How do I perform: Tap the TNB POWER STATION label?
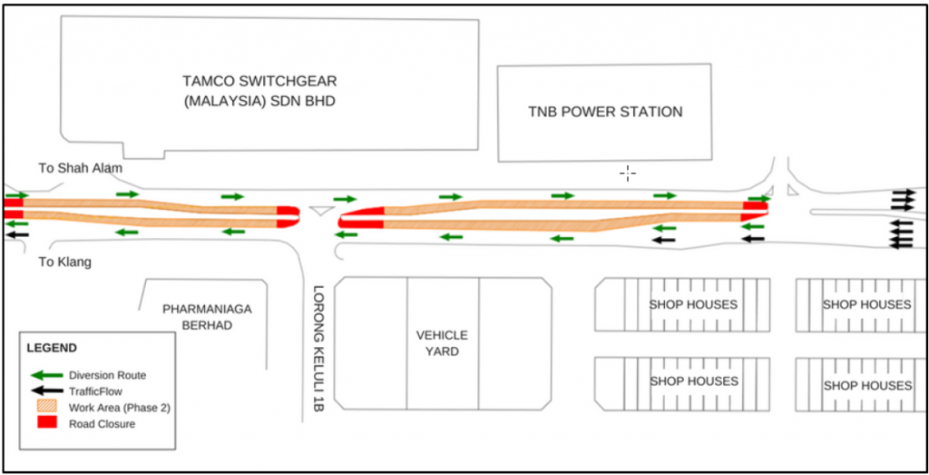605,112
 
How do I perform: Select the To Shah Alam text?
80,168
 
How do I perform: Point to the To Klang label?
64,262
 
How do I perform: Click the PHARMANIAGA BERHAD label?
207,317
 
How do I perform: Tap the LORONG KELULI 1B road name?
318,351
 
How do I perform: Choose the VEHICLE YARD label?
443,342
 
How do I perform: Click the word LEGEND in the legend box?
52,348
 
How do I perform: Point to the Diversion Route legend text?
107,375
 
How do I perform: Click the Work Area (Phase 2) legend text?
119,408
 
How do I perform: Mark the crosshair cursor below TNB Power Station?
628,173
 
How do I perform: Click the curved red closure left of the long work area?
361,218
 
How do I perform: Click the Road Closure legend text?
103,424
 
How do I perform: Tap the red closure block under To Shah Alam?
13,208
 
